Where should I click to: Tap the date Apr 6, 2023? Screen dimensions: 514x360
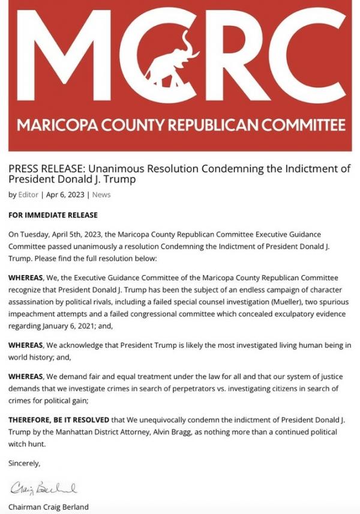(66, 195)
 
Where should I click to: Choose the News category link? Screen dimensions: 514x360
(101, 195)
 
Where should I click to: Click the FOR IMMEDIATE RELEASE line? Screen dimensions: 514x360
(53, 215)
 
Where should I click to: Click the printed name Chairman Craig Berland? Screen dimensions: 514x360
(48, 507)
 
